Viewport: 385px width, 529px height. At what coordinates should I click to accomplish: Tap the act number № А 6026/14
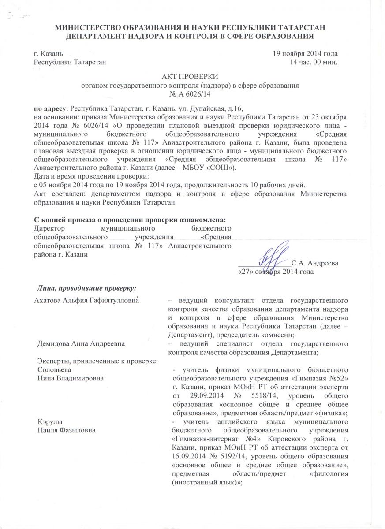click(192, 93)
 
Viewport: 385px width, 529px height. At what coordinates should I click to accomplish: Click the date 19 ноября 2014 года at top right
click(305, 53)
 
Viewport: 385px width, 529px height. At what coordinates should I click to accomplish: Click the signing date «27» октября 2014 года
click(276, 272)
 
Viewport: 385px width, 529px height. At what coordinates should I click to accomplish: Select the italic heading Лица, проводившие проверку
click(86, 288)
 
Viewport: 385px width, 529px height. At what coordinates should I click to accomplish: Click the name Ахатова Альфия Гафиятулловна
click(87, 300)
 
